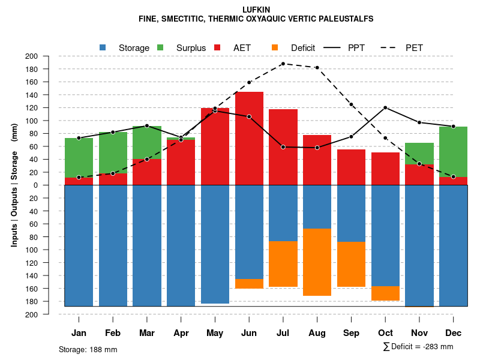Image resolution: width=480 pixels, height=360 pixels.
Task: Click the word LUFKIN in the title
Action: tap(256, 10)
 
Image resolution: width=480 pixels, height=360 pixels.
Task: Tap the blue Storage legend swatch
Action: tap(103, 47)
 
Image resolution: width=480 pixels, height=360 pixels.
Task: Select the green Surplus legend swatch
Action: tap(160, 47)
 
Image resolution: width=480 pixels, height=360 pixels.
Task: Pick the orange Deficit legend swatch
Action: tap(275, 47)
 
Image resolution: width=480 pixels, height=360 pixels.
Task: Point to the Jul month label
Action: tap(283, 333)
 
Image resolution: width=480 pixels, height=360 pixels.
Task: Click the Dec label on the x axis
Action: tap(453, 333)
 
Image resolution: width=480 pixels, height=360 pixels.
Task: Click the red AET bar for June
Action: tap(249, 138)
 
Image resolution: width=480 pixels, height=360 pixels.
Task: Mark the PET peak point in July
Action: tap(283, 64)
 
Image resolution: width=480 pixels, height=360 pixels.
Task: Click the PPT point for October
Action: tap(385, 107)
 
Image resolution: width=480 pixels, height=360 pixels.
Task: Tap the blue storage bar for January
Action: tap(79, 245)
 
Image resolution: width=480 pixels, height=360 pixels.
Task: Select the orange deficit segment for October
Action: tap(385, 293)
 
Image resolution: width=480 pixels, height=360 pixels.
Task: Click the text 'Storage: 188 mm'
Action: tap(88, 349)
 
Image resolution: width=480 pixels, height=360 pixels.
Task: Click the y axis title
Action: tap(14, 185)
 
